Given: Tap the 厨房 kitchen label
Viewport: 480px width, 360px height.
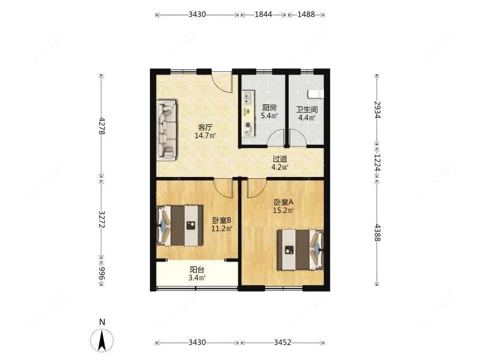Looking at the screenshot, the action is [x=269, y=108].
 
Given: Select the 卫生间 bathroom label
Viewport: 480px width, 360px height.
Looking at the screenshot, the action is [x=307, y=110].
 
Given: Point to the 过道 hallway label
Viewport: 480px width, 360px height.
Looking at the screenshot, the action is [x=280, y=159].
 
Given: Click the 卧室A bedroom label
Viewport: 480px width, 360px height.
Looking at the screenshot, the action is [x=284, y=202].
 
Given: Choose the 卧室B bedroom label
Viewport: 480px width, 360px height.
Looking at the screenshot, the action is [x=221, y=220].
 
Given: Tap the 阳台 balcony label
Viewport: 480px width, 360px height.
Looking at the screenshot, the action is [x=197, y=270].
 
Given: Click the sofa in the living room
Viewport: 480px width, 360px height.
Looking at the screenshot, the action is [x=167, y=130].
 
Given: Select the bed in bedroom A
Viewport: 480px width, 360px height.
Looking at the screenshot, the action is [x=301, y=250].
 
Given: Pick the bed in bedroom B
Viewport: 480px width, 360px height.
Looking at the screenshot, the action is [x=180, y=226].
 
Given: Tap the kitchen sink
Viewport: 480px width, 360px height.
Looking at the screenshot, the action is [x=248, y=98].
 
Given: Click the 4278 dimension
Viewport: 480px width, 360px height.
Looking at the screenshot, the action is [x=102, y=126].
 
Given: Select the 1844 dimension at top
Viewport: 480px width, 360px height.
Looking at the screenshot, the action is [x=263, y=14].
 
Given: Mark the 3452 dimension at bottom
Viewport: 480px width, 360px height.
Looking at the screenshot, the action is [x=282, y=342].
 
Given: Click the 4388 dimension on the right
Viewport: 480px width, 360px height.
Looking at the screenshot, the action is [x=377, y=233].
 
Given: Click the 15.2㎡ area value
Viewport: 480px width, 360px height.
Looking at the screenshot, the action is [x=284, y=211].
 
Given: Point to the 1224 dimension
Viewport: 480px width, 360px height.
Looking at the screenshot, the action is [x=377, y=163].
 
